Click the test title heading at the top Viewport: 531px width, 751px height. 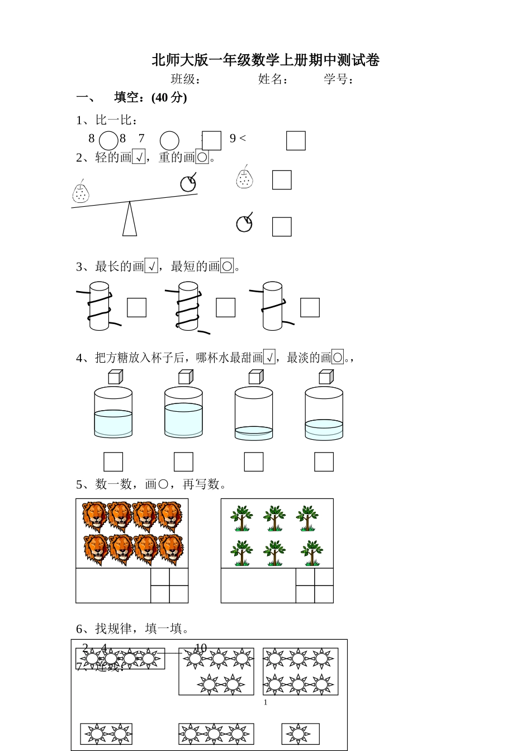[265, 60]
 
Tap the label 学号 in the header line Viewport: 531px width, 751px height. [338, 79]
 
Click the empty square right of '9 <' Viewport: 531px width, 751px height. [296, 141]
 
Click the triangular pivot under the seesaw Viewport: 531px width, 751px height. [130, 219]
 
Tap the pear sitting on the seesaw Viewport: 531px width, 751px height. [81, 193]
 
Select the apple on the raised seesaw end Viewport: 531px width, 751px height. [188, 183]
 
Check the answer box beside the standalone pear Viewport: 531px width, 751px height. [282, 180]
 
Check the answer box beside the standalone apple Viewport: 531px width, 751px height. [282, 227]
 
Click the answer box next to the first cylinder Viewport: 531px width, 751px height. [136, 307]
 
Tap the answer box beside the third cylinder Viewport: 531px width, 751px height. [310, 307]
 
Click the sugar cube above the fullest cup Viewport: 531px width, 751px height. [185, 377]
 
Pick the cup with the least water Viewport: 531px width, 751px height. [254, 413]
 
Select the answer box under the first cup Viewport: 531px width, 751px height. [113, 462]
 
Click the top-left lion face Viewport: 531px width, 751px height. [94, 515]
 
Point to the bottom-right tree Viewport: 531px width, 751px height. [311, 553]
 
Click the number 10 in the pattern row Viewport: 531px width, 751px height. [201, 648]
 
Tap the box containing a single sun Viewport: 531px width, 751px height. [300, 734]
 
